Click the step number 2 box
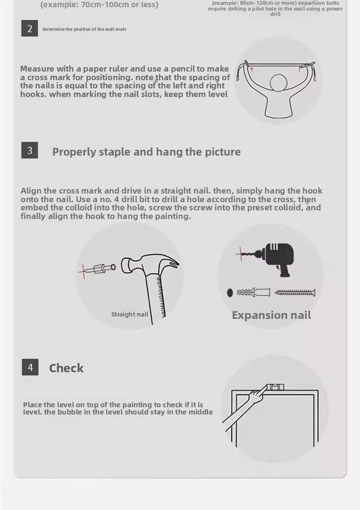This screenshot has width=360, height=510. pyautogui.click(x=30, y=28)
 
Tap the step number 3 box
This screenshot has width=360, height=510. pyautogui.click(x=30, y=150)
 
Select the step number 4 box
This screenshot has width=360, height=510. pyautogui.click(x=30, y=367)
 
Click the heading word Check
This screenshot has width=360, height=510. pyautogui.click(x=66, y=368)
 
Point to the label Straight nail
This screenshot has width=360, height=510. pyautogui.click(x=130, y=314)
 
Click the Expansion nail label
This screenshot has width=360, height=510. pyautogui.click(x=272, y=315)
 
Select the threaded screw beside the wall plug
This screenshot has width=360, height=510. pyautogui.click(x=295, y=293)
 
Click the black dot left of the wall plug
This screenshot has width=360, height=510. pyautogui.click(x=230, y=293)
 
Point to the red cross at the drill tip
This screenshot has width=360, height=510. pyautogui.click(x=240, y=254)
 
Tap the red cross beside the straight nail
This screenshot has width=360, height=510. pyautogui.click(x=84, y=270)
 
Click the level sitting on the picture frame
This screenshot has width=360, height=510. pyautogui.click(x=275, y=387)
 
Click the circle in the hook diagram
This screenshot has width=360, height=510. pyautogui.click(x=279, y=82)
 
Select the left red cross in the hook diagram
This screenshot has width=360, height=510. pyautogui.click(x=252, y=69)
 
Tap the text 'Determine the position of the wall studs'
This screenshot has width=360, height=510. pyautogui.click(x=84, y=29)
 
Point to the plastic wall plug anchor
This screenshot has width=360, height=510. pyautogui.click(x=253, y=292)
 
